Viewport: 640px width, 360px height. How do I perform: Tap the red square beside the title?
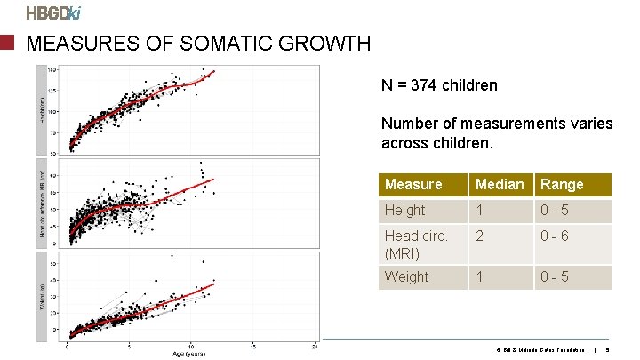[9, 43]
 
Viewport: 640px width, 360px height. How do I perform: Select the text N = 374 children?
[439, 86]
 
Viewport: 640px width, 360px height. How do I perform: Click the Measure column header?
[413, 184]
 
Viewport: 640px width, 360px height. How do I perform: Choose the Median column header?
[500, 184]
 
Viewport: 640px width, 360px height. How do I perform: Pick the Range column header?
[562, 184]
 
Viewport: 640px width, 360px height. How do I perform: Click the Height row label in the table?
[404, 210]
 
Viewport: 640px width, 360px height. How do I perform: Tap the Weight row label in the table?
[406, 276]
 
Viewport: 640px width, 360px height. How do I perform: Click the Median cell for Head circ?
[480, 236]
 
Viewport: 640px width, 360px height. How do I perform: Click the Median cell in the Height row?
[480, 210]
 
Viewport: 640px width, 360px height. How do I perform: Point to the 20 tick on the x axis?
[315, 346]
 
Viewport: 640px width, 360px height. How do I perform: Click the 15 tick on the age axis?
[252, 346]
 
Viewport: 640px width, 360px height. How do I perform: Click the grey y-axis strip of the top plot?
[42, 110]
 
